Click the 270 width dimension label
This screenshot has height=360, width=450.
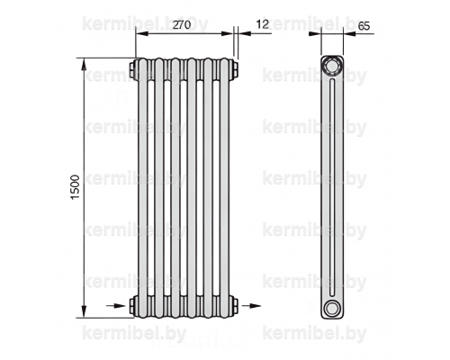click(182, 24)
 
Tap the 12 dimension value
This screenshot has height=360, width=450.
click(263, 24)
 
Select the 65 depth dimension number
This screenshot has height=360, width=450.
click(364, 26)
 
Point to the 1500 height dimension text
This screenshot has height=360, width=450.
click(75, 187)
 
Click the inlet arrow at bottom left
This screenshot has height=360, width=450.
click(116, 306)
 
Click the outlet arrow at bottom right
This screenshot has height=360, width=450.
click(251, 306)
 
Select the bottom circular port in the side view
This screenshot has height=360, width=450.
click(332, 307)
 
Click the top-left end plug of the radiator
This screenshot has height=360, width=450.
click(133, 69)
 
